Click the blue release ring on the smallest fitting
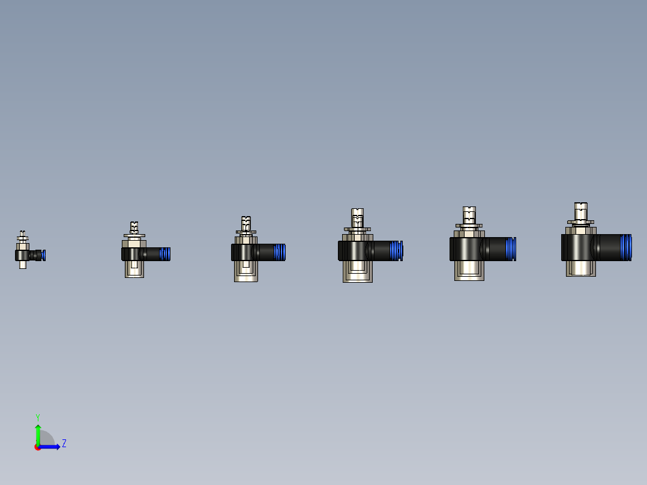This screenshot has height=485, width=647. coord(44,255)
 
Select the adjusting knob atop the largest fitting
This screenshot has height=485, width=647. coord(581,211)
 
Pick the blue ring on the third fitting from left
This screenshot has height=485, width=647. coord(280,252)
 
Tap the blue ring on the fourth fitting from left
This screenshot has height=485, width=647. coord(396,250)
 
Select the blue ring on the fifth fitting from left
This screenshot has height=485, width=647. coord(511,249)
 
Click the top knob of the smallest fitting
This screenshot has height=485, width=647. coord(23,235)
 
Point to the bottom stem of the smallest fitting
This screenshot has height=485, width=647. coord(23,264)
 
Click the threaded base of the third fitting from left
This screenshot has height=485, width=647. coord(246,271)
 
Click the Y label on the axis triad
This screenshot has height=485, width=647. coord(37,417)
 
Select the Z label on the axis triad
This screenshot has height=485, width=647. coord(64,444)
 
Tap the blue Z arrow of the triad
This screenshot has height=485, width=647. coord(50,447)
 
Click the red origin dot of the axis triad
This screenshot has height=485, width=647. coord(37,447)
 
